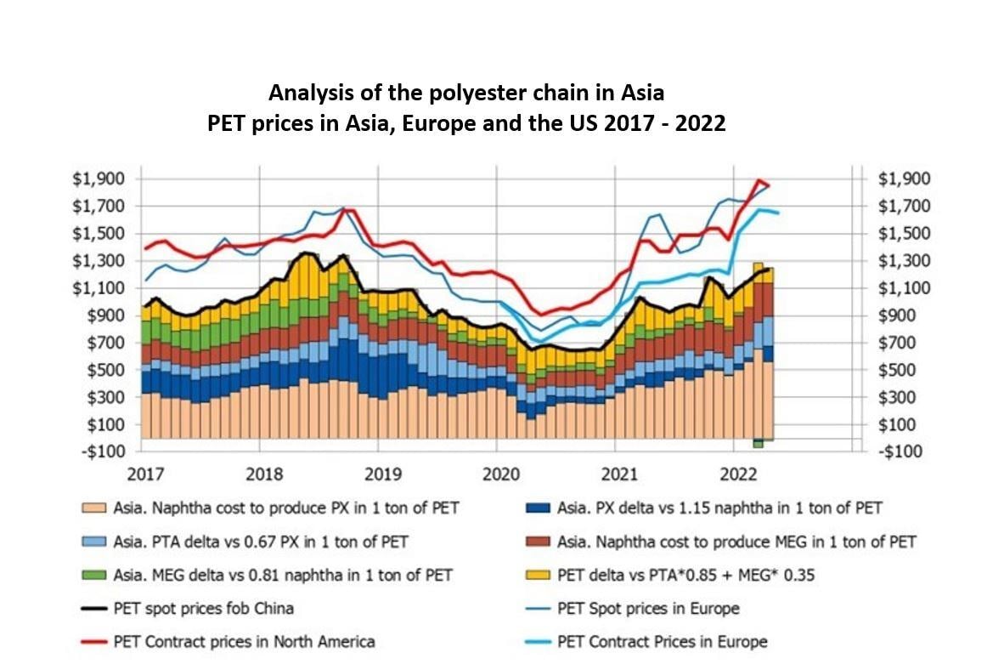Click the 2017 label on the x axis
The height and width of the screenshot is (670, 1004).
pyautogui.click(x=142, y=473)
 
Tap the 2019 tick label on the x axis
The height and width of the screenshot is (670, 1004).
pyautogui.click(x=380, y=473)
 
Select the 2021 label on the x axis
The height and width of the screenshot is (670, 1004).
pyautogui.click(x=616, y=473)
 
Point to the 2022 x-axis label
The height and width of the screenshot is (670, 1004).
pyautogui.click(x=735, y=473)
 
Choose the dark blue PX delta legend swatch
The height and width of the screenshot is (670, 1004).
pyautogui.click(x=539, y=508)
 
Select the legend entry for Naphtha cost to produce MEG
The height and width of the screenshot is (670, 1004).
pyautogui.click(x=736, y=542)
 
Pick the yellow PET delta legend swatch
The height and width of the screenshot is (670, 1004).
pyautogui.click(x=539, y=575)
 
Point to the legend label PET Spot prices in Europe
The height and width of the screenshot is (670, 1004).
pyautogui.click(x=648, y=608)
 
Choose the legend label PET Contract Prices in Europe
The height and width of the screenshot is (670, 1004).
pyautogui.click(x=662, y=641)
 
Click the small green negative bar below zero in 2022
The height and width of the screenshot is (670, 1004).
pyautogui.click(x=758, y=442)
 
